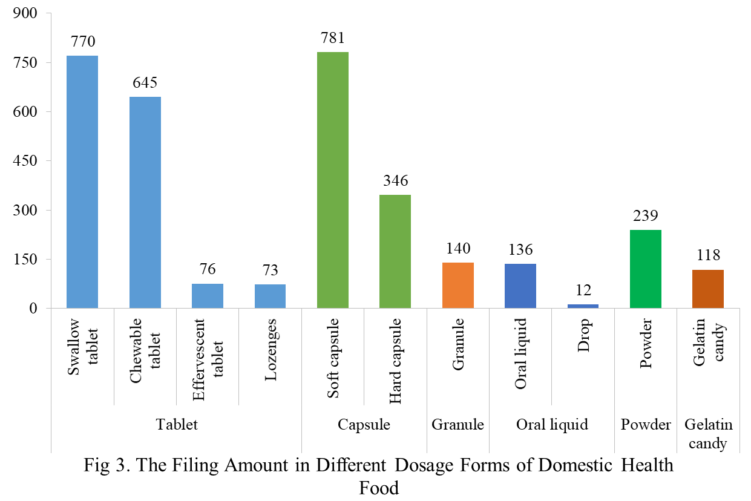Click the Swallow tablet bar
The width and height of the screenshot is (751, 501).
pos(82,182)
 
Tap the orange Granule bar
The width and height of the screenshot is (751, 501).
pos(458,285)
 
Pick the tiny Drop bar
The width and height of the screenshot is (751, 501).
pos(583,306)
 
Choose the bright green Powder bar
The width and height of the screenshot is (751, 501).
pos(646,269)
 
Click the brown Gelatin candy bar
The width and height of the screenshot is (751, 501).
pos(708,289)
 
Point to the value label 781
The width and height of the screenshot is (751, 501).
pos(333,38)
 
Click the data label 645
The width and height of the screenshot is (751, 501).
pos(145,83)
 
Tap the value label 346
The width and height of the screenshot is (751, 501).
pos(395,180)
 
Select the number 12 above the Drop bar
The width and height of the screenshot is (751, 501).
pos(583,290)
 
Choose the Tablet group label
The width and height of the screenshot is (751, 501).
pos(177,425)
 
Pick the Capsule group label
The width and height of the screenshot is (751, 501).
pos(364,425)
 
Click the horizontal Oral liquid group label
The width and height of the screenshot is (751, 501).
pos(552,425)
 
